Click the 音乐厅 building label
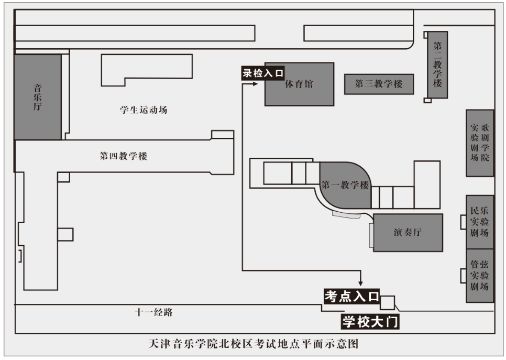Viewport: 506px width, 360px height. coord(38,96)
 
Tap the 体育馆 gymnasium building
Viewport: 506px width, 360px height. coord(299,84)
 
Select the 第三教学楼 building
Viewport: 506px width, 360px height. coord(379,84)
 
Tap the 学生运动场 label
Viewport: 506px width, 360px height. coord(144,110)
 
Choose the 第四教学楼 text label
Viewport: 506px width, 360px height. coord(124,156)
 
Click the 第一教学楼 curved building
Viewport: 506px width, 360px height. coord(345,186)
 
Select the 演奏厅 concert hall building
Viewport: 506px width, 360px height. coord(408,233)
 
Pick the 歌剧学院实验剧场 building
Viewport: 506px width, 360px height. coord(480,143)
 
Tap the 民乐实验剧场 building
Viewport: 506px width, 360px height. coord(480,222)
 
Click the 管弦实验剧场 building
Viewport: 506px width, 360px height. coord(480,275)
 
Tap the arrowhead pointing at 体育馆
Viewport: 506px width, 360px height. coord(256,84)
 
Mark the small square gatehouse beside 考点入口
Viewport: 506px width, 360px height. coord(387,302)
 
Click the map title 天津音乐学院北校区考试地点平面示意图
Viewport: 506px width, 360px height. coord(254,345)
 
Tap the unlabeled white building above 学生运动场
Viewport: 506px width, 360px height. coord(147,69)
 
